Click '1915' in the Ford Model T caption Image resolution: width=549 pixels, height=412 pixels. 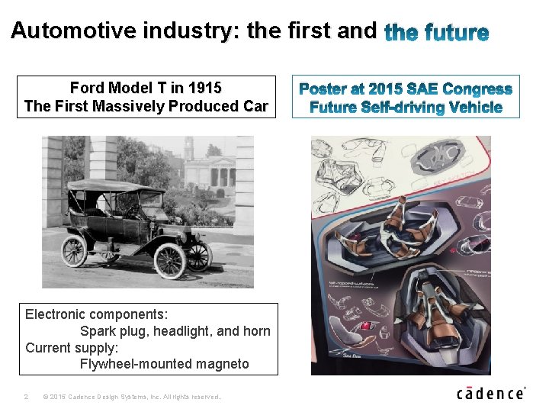click(x=205, y=89)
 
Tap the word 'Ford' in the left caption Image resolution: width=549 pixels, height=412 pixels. click(x=88, y=89)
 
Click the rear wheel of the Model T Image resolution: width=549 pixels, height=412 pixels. click(x=75, y=250)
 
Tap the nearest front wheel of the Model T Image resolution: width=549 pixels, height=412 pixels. click(x=169, y=260)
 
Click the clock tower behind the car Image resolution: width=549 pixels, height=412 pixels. click(x=188, y=149)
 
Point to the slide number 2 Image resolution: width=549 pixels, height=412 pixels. click(x=26, y=397)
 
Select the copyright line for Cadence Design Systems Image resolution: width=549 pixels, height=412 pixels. click(x=133, y=397)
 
